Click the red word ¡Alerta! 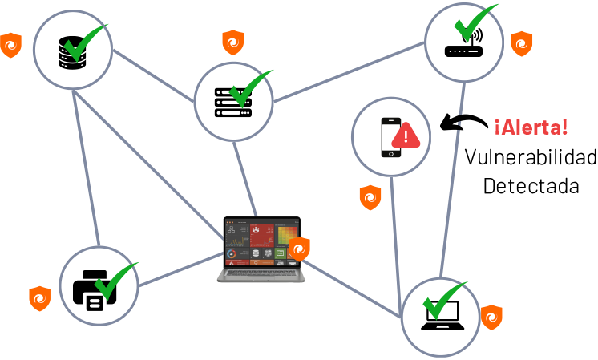pos(531,127)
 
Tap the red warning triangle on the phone pos(406,136)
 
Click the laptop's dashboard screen pos(261,242)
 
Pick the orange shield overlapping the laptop pos(299,249)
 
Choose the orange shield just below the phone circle pos(370,197)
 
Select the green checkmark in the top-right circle pos(475,24)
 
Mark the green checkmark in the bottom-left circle pos(115,280)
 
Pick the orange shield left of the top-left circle pos(10,45)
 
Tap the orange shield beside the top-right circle pos(522,43)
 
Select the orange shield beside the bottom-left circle pos(39,298)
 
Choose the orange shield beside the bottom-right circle pos(491,318)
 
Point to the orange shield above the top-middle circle pos(232,42)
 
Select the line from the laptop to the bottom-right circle pos(353,287)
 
